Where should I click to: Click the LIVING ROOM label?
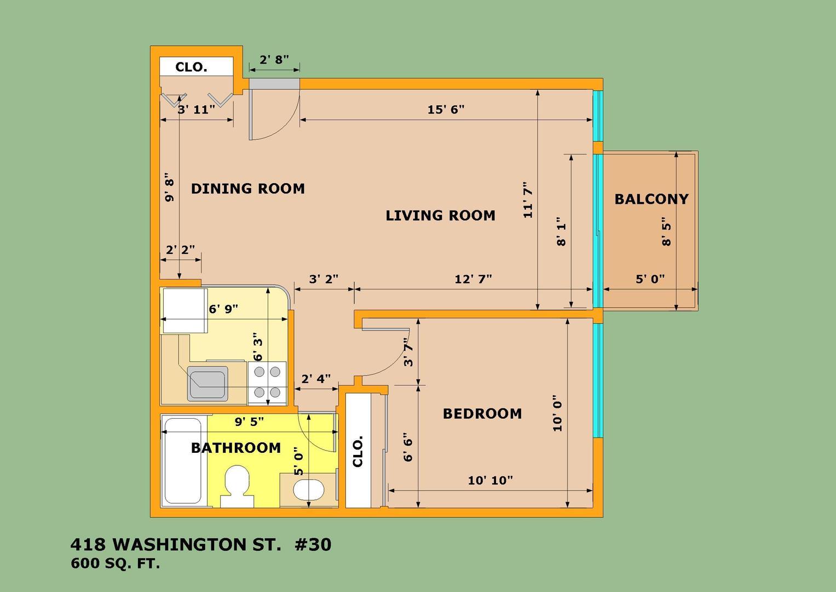coord(440,215)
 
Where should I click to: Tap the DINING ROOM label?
coord(248,189)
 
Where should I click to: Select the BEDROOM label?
coord(482,414)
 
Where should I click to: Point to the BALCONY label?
coord(651,199)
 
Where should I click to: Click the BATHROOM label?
coord(236,448)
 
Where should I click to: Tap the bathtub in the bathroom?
coord(183,461)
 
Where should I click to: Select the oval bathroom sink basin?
coord(309,490)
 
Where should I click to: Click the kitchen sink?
coord(207,384)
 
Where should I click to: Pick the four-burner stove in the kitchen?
coord(267,383)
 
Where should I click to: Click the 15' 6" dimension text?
coord(446,110)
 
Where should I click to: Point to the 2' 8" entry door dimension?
coord(274,59)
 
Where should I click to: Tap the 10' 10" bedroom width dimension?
coord(491,480)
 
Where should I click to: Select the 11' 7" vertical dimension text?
coord(528,200)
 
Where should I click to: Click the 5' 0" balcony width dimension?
coord(650,279)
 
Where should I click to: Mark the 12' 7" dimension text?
coord(473,279)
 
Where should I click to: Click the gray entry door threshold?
coord(274,84)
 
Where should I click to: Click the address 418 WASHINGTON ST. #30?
coord(201,544)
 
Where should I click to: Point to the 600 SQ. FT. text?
coord(116,563)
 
